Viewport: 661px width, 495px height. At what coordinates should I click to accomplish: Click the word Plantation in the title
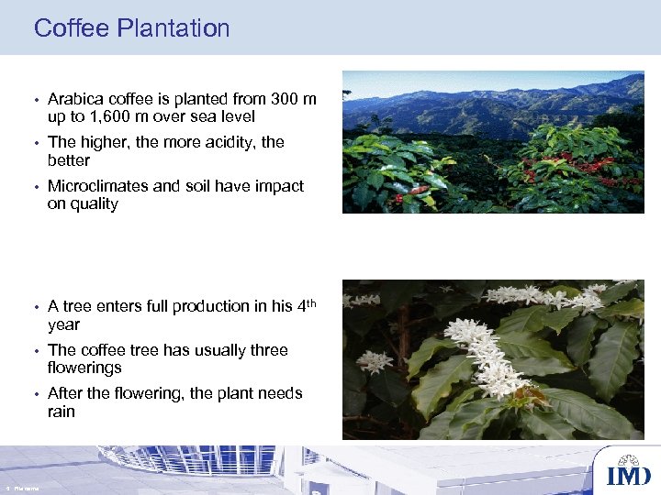click(174, 28)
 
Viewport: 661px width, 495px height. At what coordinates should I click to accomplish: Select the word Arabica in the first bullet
click(74, 98)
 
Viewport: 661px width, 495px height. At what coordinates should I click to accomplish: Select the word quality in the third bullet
click(93, 204)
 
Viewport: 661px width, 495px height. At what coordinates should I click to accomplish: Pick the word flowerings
click(84, 368)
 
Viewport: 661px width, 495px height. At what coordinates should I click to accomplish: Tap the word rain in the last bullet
click(62, 412)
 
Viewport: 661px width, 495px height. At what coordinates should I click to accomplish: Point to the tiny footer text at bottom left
click(22, 489)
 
